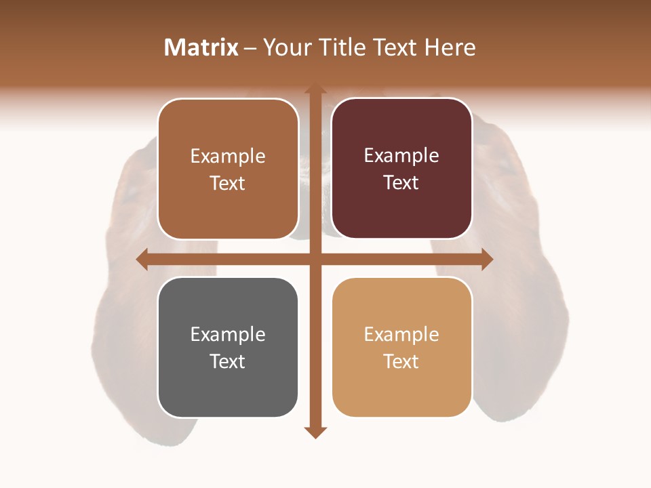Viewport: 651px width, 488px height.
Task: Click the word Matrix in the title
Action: pyautogui.click(x=201, y=47)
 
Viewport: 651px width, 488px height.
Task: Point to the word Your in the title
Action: pyautogui.click(x=285, y=47)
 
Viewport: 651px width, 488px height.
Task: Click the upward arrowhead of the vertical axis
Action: pyautogui.click(x=314, y=90)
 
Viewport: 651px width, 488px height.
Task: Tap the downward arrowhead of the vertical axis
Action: pyautogui.click(x=314, y=432)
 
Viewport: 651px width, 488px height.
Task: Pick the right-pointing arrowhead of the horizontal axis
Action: pyautogui.click(x=486, y=259)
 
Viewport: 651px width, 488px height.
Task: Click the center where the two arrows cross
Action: pyautogui.click(x=314, y=259)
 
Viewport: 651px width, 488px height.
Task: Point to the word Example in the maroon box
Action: pyautogui.click(x=401, y=156)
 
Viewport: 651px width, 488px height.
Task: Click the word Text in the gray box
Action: pyautogui.click(x=228, y=361)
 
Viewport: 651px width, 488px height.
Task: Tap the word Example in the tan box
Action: pyautogui.click(x=401, y=334)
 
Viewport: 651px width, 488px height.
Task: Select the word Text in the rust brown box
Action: pyautogui.click(x=228, y=183)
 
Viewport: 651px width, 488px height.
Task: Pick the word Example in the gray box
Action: pyautogui.click(x=228, y=334)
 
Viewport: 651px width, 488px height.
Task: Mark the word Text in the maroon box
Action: pyautogui.click(x=401, y=183)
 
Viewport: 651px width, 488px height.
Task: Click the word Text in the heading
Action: pyautogui.click(x=396, y=47)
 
